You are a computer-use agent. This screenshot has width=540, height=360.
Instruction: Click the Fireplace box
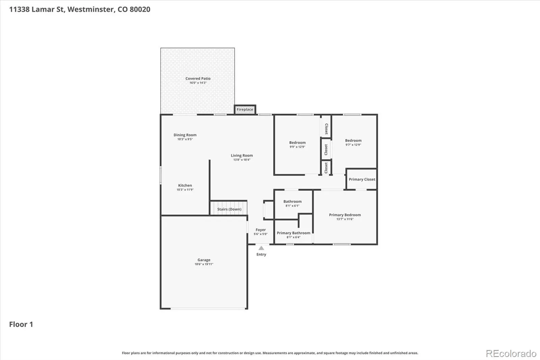[x=245, y=109]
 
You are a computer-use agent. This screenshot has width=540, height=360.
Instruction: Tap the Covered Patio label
[x=198, y=78]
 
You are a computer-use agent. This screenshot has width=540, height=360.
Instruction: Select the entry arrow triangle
[x=261, y=248]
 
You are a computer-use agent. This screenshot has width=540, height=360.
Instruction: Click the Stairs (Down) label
[x=229, y=209]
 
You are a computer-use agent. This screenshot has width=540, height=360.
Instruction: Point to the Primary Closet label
[x=362, y=179]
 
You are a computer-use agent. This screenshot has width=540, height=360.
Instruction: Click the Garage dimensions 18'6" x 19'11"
[x=204, y=264]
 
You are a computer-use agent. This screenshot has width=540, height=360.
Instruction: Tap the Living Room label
[x=242, y=155]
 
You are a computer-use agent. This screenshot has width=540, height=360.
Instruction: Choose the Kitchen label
[x=185, y=185]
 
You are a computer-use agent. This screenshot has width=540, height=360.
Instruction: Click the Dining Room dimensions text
[x=185, y=139]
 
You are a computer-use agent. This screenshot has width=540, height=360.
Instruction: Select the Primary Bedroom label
[x=345, y=215]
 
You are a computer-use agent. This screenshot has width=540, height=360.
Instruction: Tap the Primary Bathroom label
[x=293, y=233]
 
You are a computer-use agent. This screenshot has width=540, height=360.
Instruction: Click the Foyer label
[x=261, y=230]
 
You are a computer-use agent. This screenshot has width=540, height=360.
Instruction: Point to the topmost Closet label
[x=326, y=129]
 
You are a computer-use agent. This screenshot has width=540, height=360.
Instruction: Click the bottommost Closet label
[x=326, y=168]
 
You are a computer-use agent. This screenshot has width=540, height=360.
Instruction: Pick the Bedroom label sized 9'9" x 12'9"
[x=297, y=143]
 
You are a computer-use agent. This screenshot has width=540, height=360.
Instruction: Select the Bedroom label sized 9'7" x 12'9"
[x=353, y=140]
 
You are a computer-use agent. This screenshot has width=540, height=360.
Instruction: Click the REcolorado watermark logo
[x=511, y=354]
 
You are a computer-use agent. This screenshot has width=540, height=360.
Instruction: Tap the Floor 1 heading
[x=21, y=324]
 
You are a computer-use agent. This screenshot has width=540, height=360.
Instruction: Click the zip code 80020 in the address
[x=140, y=9]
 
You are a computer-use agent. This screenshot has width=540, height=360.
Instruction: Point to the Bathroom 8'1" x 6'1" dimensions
[x=292, y=206]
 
